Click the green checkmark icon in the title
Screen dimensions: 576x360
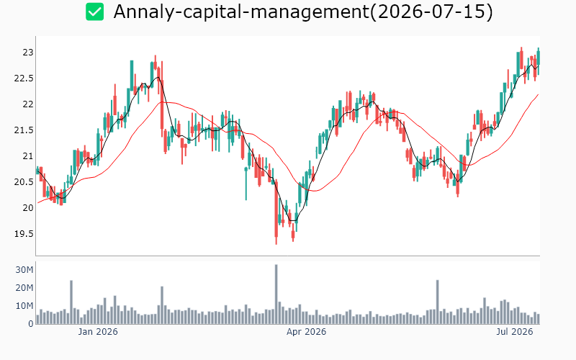(95, 12)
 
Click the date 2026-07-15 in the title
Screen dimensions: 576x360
(431, 12)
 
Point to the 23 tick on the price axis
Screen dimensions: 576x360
(28, 53)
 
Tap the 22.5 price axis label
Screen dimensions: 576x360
(24, 78)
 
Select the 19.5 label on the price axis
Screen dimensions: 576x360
(24, 233)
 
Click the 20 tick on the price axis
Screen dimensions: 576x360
(28, 208)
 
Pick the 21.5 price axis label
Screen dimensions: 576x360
(24, 130)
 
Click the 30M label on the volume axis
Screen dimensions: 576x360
(24, 270)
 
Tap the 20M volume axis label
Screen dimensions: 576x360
(24, 288)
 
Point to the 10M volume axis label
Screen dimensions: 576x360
(24, 306)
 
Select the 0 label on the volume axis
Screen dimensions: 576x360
(31, 324)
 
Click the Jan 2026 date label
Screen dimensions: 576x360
(98, 332)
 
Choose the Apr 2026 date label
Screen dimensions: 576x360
(307, 332)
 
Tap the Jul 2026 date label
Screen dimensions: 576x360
(514, 332)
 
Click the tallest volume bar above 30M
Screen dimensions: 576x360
(276, 294)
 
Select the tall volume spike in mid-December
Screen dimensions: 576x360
(71, 302)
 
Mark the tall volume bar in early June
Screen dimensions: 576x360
(438, 302)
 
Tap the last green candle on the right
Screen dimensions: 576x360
(539, 61)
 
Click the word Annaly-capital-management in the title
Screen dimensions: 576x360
(241, 12)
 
